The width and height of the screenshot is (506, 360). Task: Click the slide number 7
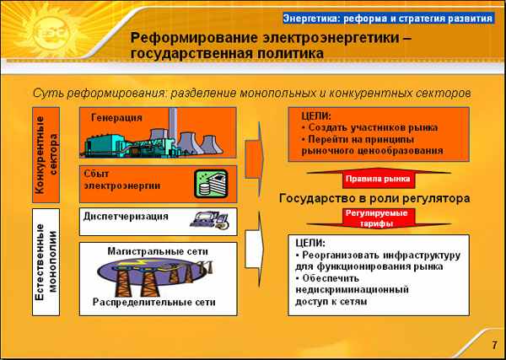(x=494, y=345)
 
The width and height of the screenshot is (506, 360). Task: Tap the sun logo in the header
(x=51, y=31)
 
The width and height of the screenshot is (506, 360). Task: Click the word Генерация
(x=116, y=118)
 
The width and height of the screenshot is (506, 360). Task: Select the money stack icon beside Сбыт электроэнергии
(x=212, y=184)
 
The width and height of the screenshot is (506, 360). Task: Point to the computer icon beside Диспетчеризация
(x=209, y=220)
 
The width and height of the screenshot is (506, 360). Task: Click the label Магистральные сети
(x=158, y=251)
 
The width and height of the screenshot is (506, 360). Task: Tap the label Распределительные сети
(x=154, y=303)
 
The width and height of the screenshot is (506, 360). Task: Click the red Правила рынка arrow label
(x=378, y=179)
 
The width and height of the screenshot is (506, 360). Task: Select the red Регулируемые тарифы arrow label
(x=377, y=218)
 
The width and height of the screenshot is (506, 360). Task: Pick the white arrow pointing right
(x=255, y=249)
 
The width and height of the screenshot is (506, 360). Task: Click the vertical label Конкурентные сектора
(x=46, y=155)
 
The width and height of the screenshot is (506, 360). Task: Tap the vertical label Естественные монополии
(x=46, y=262)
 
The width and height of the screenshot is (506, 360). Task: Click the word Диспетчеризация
(x=126, y=217)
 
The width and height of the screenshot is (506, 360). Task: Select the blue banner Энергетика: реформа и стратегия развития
(x=388, y=19)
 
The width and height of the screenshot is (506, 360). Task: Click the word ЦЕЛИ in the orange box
(x=316, y=116)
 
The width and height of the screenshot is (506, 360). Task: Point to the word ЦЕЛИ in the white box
(x=310, y=243)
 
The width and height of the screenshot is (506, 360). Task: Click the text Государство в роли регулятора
(x=374, y=198)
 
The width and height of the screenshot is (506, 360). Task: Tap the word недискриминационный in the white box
(x=353, y=289)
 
